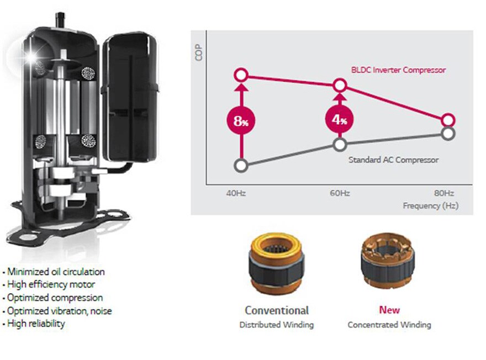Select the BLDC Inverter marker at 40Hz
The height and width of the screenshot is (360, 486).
point(240,75)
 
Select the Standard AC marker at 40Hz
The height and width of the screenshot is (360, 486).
point(240,165)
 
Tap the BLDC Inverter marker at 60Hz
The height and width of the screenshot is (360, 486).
point(340,85)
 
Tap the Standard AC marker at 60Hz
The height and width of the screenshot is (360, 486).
point(340,144)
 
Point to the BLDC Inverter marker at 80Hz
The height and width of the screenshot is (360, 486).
point(448,120)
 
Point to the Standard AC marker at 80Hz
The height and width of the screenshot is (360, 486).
point(448,134)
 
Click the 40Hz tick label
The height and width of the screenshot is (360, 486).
point(235,193)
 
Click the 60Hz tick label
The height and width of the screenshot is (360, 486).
point(340,193)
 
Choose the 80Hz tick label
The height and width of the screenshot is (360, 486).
point(444,193)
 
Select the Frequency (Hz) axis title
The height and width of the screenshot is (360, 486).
point(430,205)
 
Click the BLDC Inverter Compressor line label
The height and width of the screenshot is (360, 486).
point(398,70)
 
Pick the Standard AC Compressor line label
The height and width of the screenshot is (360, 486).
point(393,160)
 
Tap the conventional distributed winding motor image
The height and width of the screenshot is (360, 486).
point(276,263)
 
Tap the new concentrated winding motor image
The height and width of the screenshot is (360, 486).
point(388,264)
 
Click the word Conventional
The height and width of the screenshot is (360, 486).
point(276,310)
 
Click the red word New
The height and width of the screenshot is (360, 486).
point(389,310)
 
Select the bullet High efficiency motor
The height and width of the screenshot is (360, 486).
point(51,284)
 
